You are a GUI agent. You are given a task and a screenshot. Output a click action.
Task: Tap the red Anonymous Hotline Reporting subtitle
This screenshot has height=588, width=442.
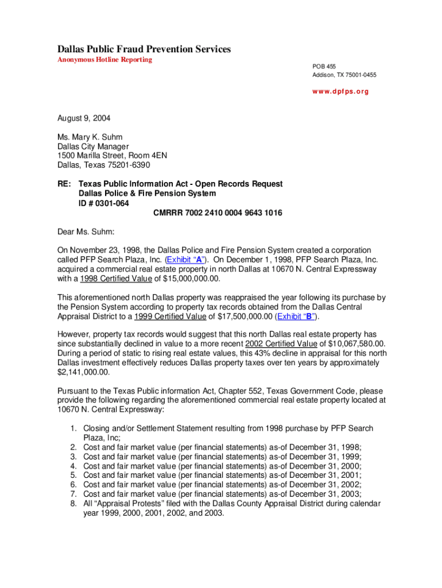pyautogui.click(x=104, y=60)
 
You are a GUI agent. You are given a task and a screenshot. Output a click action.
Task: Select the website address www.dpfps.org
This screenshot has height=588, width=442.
pyautogui.click(x=340, y=91)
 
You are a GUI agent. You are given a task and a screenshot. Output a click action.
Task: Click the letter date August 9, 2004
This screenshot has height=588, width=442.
pyautogui.click(x=84, y=119)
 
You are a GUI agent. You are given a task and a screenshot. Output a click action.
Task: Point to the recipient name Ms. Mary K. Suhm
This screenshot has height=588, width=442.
pyautogui.click(x=90, y=137)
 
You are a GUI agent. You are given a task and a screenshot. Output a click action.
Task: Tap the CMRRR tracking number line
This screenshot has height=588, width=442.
pyautogui.click(x=218, y=212)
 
